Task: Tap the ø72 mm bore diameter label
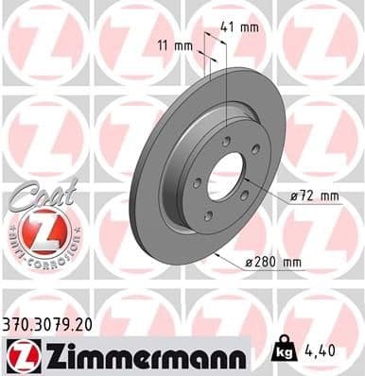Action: pos(315,196)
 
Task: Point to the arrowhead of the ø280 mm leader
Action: pos(217,252)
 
